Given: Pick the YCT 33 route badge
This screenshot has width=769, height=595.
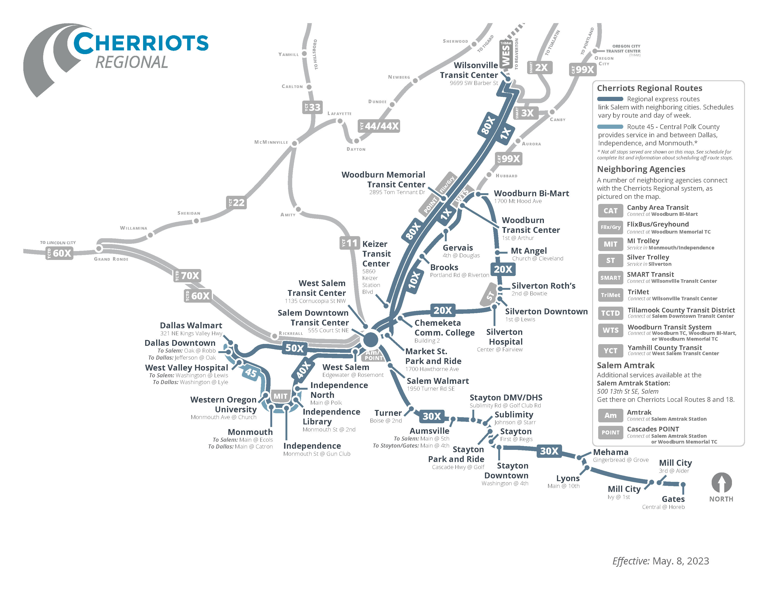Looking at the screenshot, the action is [x=312, y=107].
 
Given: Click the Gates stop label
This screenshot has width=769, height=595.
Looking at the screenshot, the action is [x=673, y=499].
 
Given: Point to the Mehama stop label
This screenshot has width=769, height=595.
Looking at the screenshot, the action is [x=611, y=452].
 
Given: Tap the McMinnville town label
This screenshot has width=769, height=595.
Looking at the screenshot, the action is [x=271, y=142].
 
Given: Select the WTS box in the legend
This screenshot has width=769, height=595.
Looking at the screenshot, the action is [x=611, y=330].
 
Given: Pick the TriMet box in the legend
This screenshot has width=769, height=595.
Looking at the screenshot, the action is [x=611, y=295].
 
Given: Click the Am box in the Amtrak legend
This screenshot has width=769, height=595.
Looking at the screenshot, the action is [x=611, y=416].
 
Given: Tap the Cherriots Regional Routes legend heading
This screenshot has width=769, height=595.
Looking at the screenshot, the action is [x=650, y=88].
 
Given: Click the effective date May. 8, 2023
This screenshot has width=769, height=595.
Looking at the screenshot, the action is [x=681, y=561].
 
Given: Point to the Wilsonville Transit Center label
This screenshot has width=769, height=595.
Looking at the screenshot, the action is [x=469, y=70].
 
